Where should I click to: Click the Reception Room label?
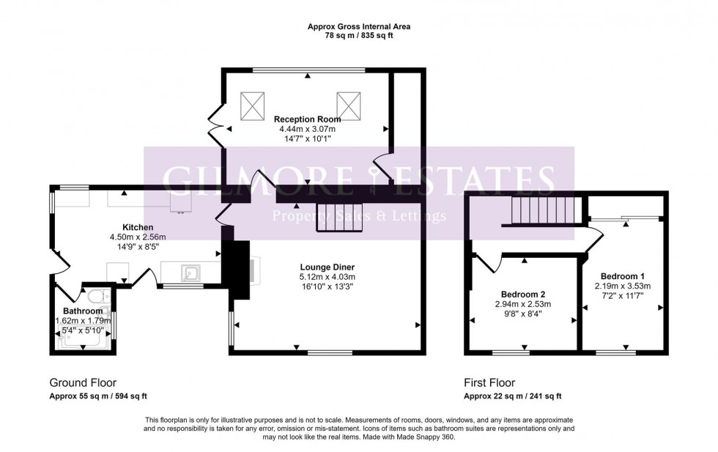[x=307, y=119]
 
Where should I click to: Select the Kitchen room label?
[x=137, y=227]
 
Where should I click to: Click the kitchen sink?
[x=191, y=274]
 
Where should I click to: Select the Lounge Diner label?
[x=327, y=267]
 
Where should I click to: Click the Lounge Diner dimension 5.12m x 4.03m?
[x=327, y=277]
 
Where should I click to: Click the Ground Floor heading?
[x=82, y=382]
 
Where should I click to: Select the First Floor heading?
[x=489, y=382]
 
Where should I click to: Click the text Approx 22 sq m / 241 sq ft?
[x=512, y=396]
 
